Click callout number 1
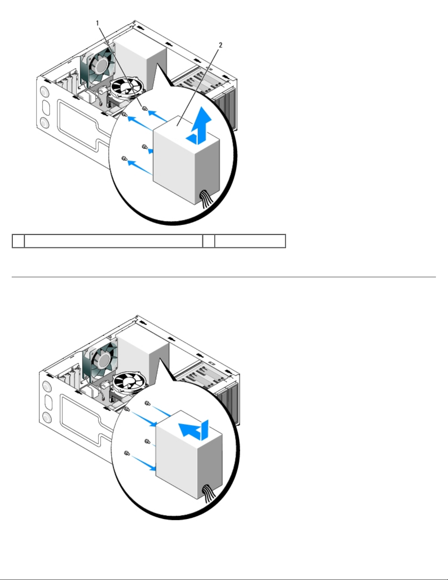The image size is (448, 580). (98, 23)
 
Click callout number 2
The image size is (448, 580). (220, 45)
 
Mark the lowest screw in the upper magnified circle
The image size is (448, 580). (124, 158)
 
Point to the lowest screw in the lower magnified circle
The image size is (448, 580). (127, 453)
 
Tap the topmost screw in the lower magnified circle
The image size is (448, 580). (147, 403)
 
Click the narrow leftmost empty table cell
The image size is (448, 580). (18, 241)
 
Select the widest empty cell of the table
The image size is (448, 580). (113, 241)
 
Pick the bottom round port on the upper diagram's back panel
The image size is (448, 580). (45, 123)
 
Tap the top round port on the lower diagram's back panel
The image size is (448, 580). (47, 387)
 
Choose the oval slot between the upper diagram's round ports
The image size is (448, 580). (45, 107)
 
